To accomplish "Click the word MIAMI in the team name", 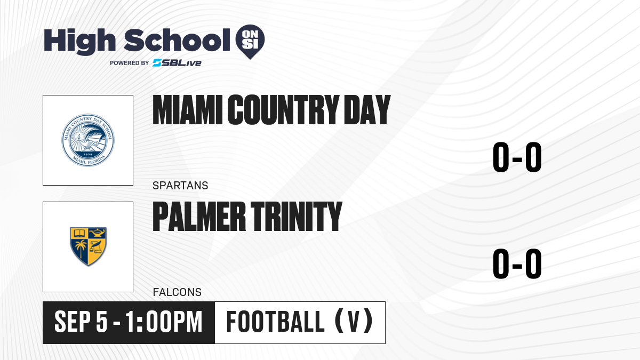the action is pyautogui.click(x=187, y=110).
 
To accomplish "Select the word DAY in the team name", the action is pyautogui.click(x=367, y=110).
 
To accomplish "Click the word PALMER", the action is pyautogui.click(x=199, y=216).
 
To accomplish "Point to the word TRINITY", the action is pyautogui.click(x=297, y=216).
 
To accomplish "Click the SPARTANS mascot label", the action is pyautogui.click(x=180, y=186).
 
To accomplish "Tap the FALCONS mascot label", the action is pyautogui.click(x=177, y=292).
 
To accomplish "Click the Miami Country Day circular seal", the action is pyautogui.click(x=88, y=140).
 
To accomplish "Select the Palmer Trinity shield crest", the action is pyautogui.click(x=89, y=246).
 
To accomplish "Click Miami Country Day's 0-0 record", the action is pyautogui.click(x=517, y=157).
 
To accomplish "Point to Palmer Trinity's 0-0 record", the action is pyautogui.click(x=517, y=263).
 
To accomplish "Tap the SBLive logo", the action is pyautogui.click(x=177, y=63).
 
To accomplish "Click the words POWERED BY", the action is pyautogui.click(x=130, y=63).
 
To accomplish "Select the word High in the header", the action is pyautogui.click(x=79, y=42).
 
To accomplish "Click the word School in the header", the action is pyautogui.click(x=177, y=40).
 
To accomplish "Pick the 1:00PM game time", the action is pyautogui.click(x=164, y=322).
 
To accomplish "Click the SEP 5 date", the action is pyautogui.click(x=81, y=322).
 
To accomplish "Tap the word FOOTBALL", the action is pyautogui.click(x=275, y=322).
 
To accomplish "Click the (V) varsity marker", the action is pyautogui.click(x=354, y=322).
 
